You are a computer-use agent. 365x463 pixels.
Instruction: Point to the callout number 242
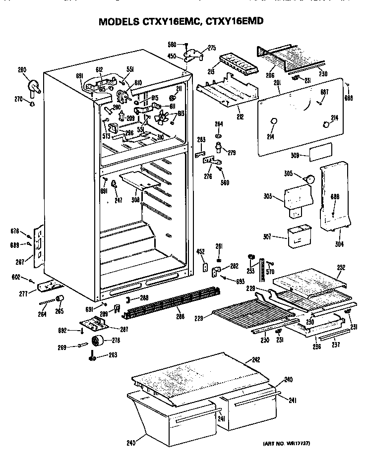[x=256, y=359]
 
